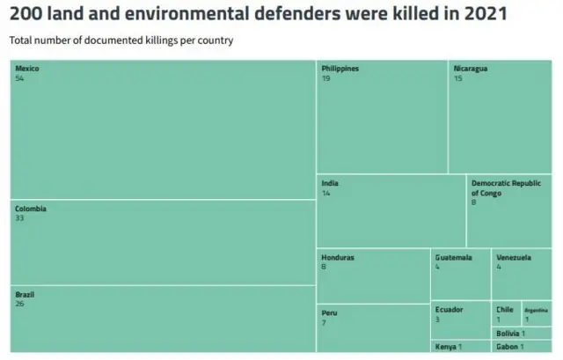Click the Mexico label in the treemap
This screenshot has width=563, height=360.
(27, 69)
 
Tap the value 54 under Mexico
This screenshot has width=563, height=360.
(19, 78)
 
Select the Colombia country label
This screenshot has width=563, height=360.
(30, 209)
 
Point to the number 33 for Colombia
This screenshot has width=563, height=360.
(19, 218)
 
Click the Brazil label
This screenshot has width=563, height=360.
(25, 294)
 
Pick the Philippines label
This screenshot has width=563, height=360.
(340, 69)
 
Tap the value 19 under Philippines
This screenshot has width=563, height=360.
(325, 78)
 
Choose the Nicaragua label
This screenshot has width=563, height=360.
(471, 69)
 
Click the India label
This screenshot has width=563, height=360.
(330, 183)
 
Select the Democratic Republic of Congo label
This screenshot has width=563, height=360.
(506, 188)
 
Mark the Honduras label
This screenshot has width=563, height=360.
(338, 258)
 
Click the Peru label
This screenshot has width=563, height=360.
(329, 312)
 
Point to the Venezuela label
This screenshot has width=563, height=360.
(513, 258)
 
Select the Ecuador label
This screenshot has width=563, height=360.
(449, 309)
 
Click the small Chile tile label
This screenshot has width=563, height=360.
(504, 309)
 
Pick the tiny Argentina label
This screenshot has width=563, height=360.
(536, 310)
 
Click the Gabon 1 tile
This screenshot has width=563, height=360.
(510, 347)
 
